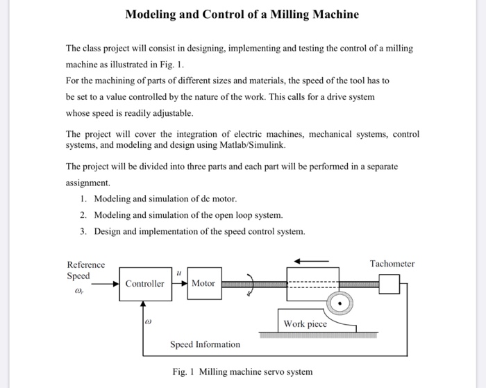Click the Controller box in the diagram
pos(145,283)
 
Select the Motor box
pos(203,283)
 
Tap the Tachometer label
pos(392,264)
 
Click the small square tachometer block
pos(389,284)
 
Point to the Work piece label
pos(305,323)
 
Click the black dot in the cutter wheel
pos(339,303)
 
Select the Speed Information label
pos(205,344)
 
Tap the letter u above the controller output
pos(179,273)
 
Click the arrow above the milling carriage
pos(311,261)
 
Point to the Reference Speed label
pos(85,270)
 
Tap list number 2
pos(83,215)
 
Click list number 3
pos(83,231)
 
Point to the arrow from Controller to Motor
pos(179,283)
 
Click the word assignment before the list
pos(87,183)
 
